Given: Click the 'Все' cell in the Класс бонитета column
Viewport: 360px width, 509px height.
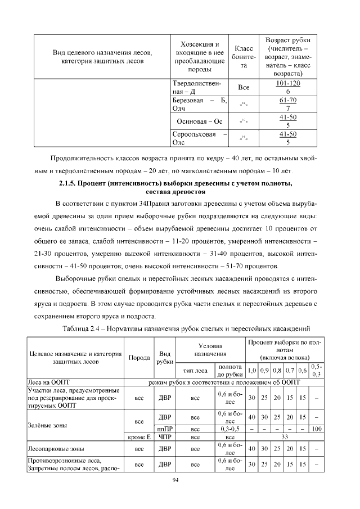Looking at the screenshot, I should pyautogui.click(x=244, y=88).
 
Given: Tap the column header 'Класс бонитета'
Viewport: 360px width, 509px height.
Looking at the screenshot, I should pyautogui.click(x=244, y=57).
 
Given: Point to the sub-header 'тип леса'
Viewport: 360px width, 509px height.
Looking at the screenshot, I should pyautogui.click(x=195, y=371).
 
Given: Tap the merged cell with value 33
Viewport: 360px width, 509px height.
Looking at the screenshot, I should pyautogui.click(x=285, y=436).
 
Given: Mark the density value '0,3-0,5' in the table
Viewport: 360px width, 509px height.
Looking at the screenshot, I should pyautogui.click(x=229, y=429).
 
